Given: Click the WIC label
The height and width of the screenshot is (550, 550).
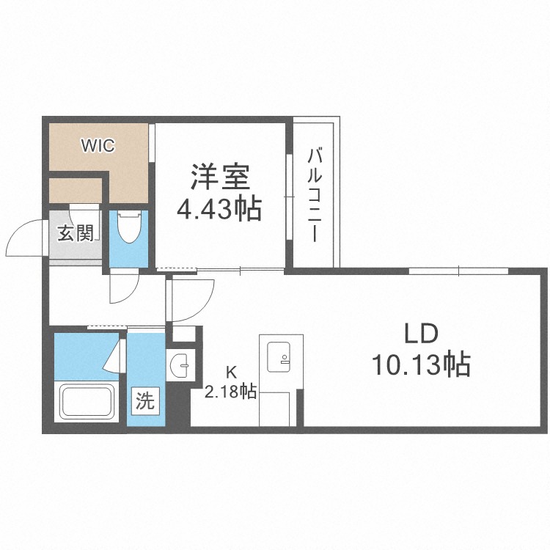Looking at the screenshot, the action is pos(98,146).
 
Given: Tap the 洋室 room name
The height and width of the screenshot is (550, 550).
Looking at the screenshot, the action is pos(220,177).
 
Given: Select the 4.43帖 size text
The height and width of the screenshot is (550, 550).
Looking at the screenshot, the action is pos(219,210).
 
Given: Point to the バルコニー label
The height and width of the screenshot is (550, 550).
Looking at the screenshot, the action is pos(315,195).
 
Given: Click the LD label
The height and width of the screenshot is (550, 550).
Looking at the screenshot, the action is pos(421,334).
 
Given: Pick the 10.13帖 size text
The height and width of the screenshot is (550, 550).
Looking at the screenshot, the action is pos(421,364).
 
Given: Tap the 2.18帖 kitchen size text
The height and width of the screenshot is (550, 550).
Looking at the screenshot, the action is pos(230,392).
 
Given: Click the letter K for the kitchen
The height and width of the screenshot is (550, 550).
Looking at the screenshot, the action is pos(231,372).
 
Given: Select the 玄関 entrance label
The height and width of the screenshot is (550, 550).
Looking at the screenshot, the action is pos(76,233).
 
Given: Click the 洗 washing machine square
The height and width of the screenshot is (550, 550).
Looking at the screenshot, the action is pos(145,400).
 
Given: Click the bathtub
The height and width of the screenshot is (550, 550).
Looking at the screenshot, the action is pos(87,401).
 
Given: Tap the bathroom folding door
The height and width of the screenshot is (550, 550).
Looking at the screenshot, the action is pos(116,355).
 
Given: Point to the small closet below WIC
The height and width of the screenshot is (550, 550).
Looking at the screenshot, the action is pos(76,190).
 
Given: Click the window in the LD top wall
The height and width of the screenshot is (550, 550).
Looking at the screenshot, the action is pos(458,271).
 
